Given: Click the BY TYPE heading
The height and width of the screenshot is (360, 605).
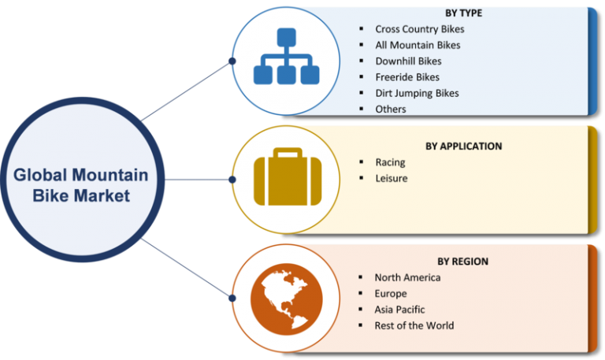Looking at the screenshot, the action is point(463,13).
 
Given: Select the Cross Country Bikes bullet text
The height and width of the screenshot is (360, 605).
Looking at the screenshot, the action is point(420,29).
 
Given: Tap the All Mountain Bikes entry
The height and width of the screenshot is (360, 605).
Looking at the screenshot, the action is point(418,45).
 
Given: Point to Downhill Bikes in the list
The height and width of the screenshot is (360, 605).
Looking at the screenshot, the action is point(408,61).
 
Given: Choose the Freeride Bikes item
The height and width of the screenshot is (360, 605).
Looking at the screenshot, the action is point(407,77).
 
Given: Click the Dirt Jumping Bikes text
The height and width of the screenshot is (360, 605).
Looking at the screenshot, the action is point(417,94).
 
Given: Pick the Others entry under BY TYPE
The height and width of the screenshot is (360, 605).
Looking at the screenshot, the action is point(391,109).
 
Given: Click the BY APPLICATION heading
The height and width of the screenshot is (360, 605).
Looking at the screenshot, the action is point(464,147).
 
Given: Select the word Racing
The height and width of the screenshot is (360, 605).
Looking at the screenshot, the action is point(390,162).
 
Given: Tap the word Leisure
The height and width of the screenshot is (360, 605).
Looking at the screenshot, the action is point(392,178).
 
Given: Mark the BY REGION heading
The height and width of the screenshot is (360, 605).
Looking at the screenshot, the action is point(462,262).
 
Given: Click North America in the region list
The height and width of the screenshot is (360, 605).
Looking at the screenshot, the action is point(407,277).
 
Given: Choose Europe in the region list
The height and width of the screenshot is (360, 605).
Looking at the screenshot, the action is point(391,294).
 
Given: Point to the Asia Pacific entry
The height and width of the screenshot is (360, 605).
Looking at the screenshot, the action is point(399,310).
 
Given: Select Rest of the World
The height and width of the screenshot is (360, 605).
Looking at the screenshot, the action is point(414,325).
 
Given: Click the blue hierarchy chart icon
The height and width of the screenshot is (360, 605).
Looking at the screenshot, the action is point(286,56).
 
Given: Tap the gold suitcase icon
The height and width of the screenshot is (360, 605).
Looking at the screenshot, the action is point(288,176).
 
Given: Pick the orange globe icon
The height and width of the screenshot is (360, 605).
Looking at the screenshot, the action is point(287,299).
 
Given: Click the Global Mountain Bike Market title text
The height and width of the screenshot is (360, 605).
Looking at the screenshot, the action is point(81,185).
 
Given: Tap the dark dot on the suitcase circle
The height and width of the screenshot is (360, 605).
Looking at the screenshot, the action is point(232,180).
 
